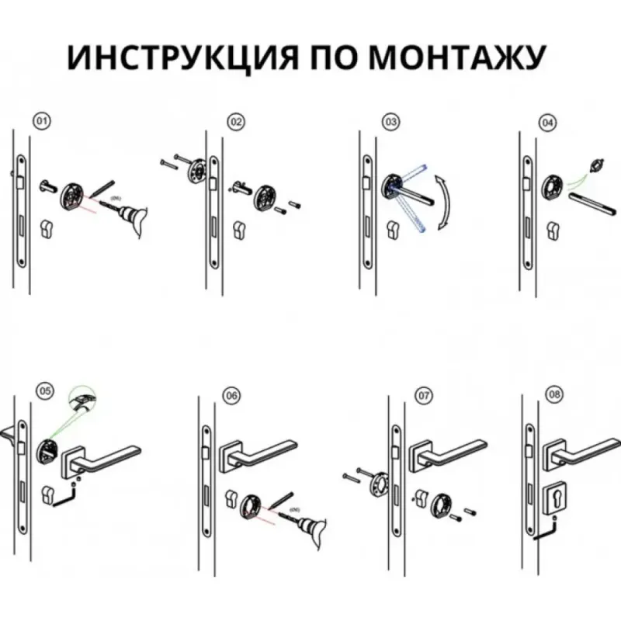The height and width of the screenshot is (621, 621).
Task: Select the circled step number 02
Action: [x=236, y=122]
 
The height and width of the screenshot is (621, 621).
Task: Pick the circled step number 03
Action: [x=391, y=122]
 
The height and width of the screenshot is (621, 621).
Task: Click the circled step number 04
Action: [x=548, y=122]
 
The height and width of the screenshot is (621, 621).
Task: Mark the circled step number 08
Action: [x=553, y=394]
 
